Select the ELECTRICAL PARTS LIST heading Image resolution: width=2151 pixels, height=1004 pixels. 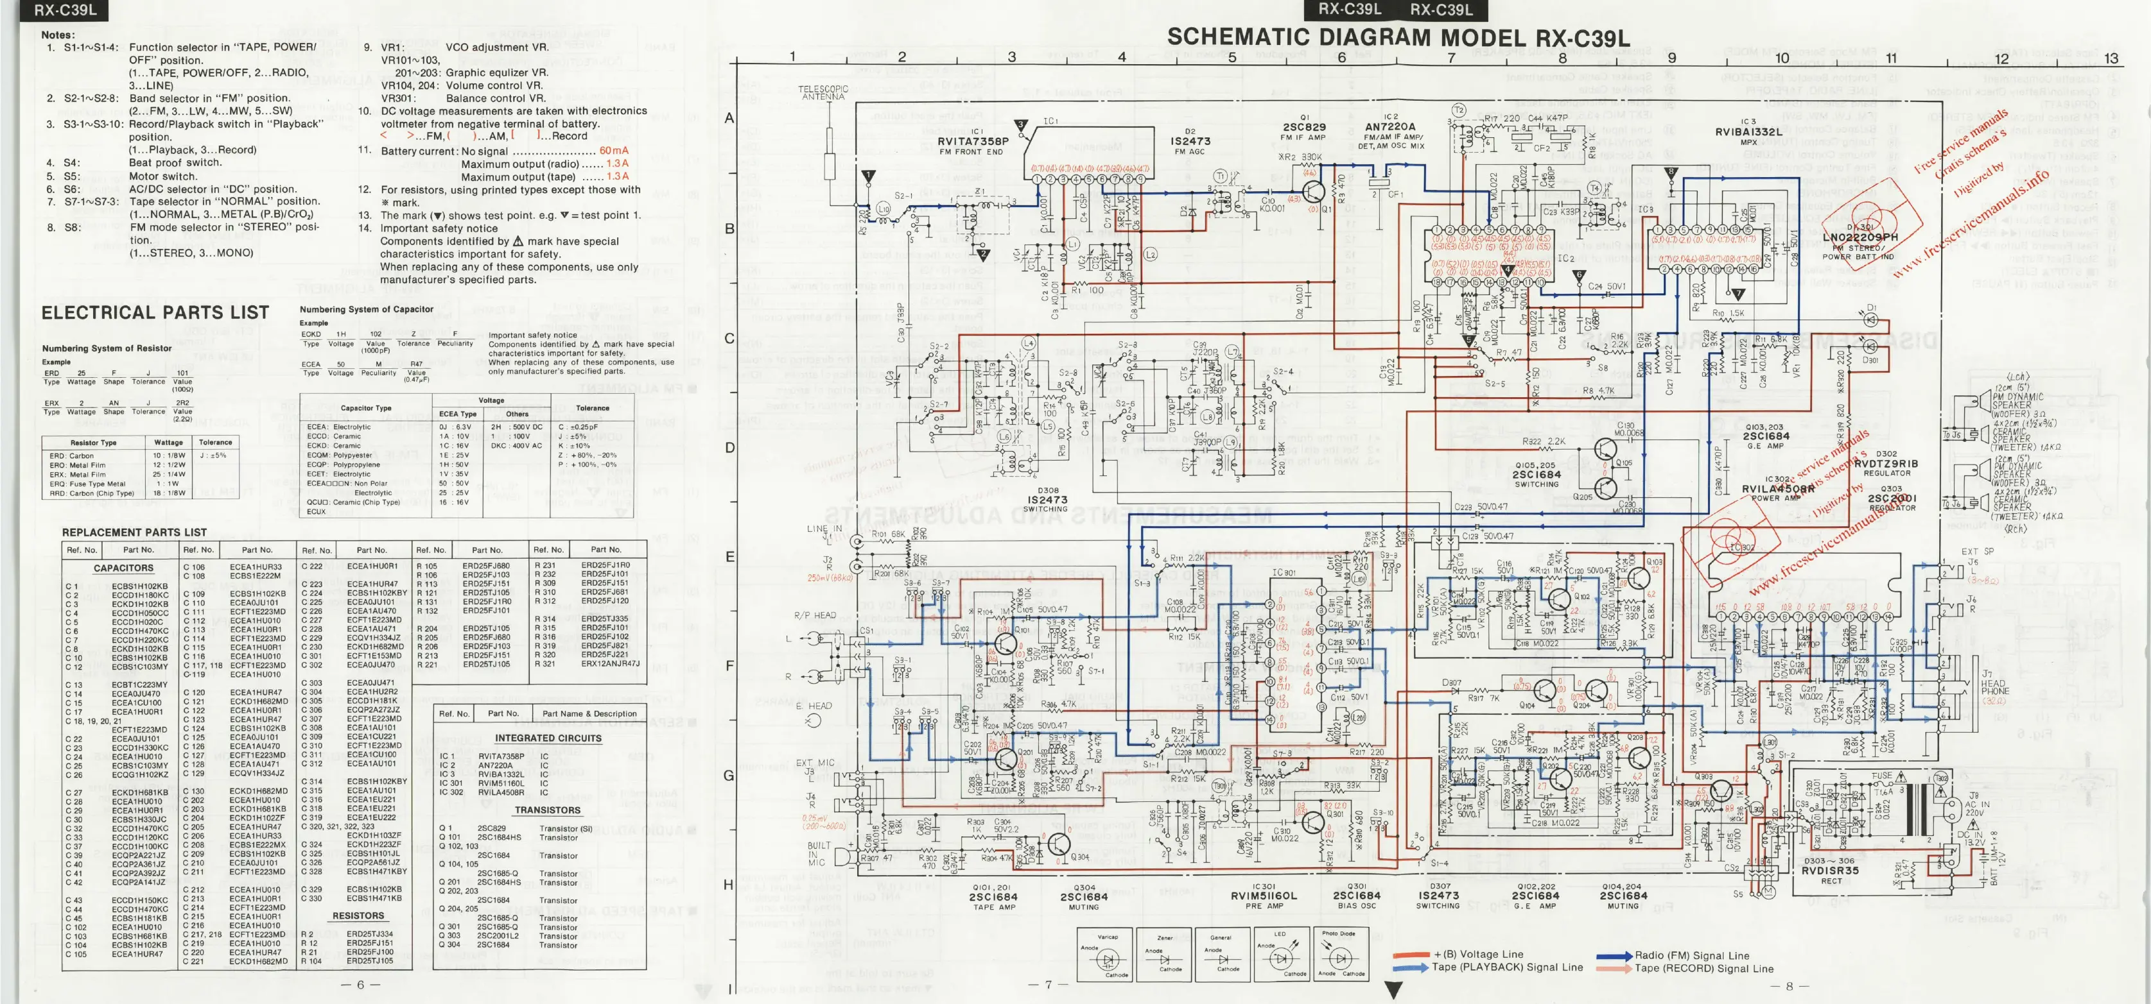[155, 313]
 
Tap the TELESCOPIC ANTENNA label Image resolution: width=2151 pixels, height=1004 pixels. [823, 92]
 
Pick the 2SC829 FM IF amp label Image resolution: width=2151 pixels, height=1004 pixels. [1303, 128]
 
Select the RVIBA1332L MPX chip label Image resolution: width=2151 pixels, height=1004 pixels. [1748, 132]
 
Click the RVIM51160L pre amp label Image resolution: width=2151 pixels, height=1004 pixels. [1264, 896]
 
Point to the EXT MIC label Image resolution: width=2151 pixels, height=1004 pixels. [814, 762]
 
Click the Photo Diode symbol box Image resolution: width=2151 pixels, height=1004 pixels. [1339, 954]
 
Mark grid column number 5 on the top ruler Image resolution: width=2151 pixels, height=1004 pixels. [1232, 58]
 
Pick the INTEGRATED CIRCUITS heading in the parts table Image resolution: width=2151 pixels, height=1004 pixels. [548, 738]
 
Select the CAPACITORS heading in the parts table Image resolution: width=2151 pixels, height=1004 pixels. [123, 568]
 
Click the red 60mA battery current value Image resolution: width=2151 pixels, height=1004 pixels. [614, 151]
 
